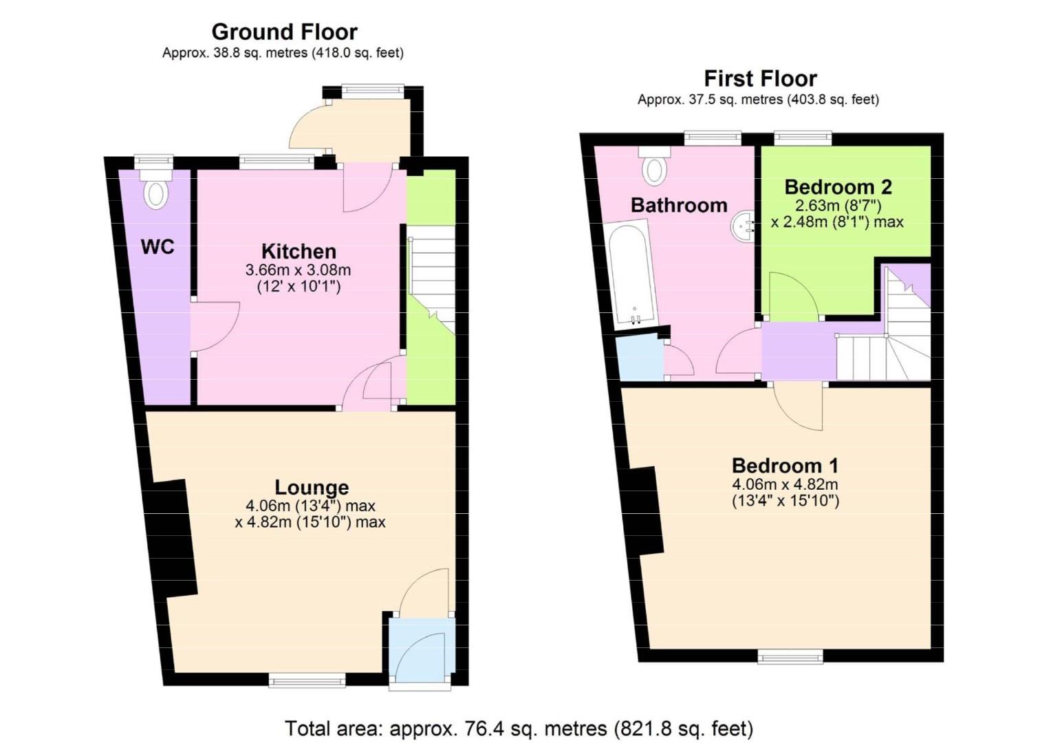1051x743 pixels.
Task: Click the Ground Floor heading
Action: point(284,32)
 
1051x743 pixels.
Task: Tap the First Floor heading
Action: point(760,78)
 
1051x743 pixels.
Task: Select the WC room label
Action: point(158,247)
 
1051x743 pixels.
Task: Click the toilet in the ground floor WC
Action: point(156,192)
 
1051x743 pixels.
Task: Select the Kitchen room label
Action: point(299,251)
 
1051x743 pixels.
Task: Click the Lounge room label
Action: point(312,487)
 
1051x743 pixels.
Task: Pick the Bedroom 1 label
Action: point(785,466)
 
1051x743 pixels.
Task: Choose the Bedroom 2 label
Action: point(838,186)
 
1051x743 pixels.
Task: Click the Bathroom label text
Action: point(679,205)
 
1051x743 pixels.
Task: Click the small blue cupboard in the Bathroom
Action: point(640,358)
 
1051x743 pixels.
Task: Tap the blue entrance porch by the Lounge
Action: point(421,650)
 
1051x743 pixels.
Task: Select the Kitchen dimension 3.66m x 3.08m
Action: point(298,270)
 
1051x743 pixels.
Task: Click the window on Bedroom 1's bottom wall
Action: point(790,657)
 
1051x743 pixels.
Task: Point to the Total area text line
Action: point(519,728)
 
